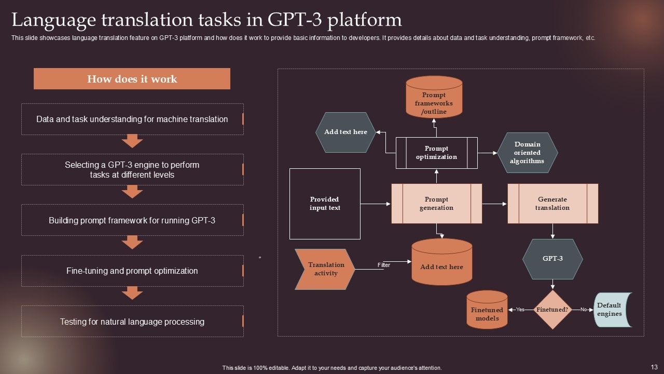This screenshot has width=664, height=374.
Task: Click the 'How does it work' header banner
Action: pyautogui.click(x=132, y=78)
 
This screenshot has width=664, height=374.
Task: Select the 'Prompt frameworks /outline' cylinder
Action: pyautogui.click(x=434, y=97)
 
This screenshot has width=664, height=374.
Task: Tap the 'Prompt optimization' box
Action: pyautogui.click(x=437, y=153)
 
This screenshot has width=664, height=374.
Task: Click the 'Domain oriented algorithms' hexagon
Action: pyautogui.click(x=528, y=153)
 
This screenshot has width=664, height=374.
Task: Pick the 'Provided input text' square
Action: pyautogui.click(x=325, y=204)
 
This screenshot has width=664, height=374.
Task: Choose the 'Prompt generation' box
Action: pyautogui.click(x=437, y=204)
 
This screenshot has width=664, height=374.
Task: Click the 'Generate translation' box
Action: pyautogui.click(x=553, y=204)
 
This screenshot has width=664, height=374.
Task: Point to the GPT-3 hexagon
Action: pyautogui.click(x=552, y=259)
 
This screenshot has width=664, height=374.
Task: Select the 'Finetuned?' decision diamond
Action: pyautogui.click(x=552, y=310)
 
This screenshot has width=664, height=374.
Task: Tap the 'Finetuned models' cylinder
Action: pyautogui.click(x=487, y=310)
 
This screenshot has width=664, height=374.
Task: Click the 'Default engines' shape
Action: pyautogui.click(x=613, y=310)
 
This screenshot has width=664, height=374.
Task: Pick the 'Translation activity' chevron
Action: pyautogui.click(x=325, y=269)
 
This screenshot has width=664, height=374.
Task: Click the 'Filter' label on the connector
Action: pyautogui.click(x=384, y=265)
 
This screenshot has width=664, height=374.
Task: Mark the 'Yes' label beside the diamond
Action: pyautogui.click(x=520, y=309)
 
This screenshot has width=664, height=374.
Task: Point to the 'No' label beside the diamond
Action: pyautogui.click(x=584, y=309)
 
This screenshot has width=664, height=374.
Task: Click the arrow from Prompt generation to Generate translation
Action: pyautogui.click(x=494, y=204)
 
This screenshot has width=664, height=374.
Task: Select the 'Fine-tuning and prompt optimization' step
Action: pyautogui.click(x=132, y=271)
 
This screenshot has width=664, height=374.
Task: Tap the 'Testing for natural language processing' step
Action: pyautogui.click(x=132, y=321)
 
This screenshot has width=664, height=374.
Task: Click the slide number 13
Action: pyautogui.click(x=654, y=367)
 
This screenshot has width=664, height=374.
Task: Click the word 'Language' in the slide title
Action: pyautogui.click(x=53, y=20)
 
